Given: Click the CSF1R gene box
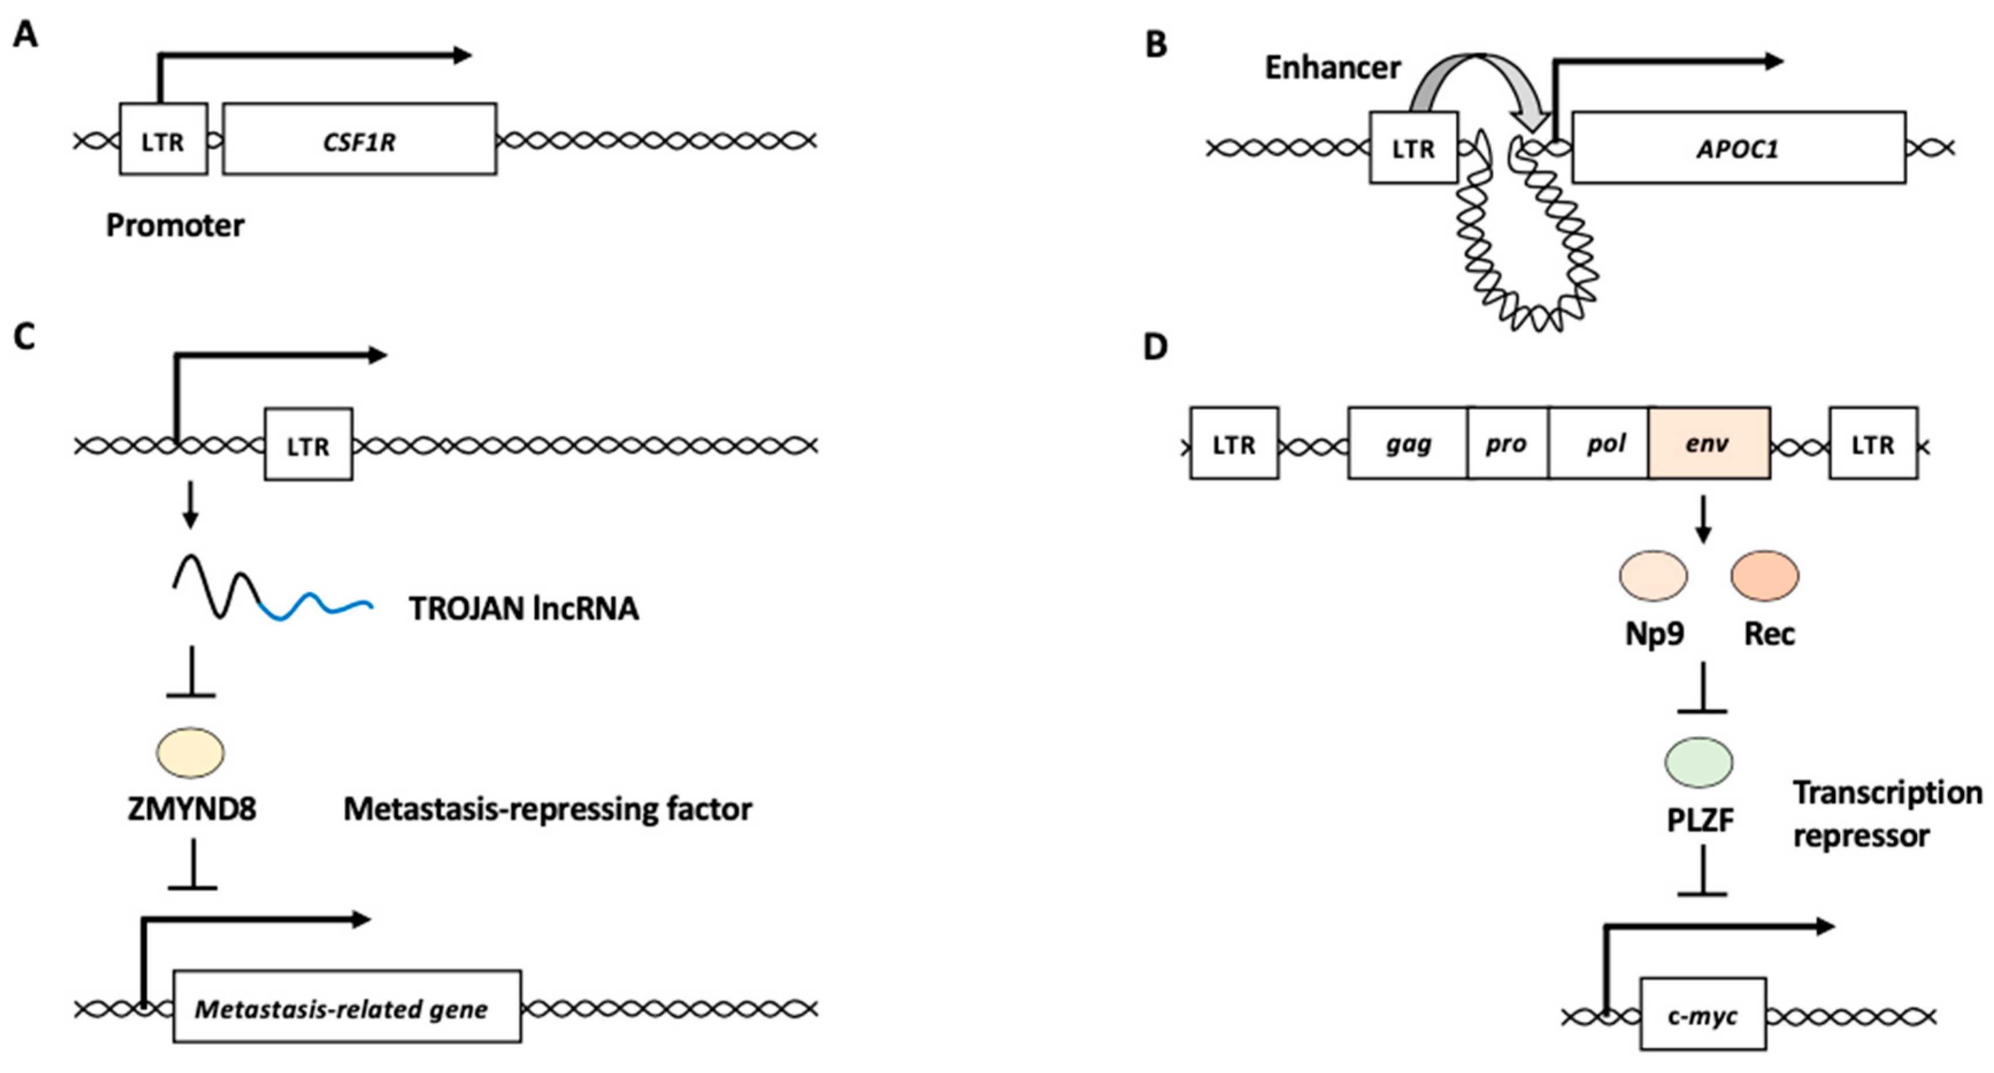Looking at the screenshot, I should pyautogui.click(x=359, y=139).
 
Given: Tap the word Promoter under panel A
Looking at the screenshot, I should pyautogui.click(x=175, y=226).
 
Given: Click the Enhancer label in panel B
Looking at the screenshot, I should pyautogui.click(x=1332, y=68).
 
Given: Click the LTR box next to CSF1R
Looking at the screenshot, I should pyautogui.click(x=163, y=139).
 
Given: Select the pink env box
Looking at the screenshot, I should pyautogui.click(x=1709, y=443).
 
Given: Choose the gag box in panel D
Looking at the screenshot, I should pyautogui.click(x=1407, y=443).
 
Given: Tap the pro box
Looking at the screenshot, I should pyautogui.click(x=1507, y=443).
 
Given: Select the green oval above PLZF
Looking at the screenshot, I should pyautogui.click(x=1699, y=762).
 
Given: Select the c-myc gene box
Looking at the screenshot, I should pyautogui.click(x=1702, y=1015).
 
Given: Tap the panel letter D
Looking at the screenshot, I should pyautogui.click(x=1155, y=347).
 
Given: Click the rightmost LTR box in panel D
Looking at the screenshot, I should pyautogui.click(x=1873, y=443).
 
